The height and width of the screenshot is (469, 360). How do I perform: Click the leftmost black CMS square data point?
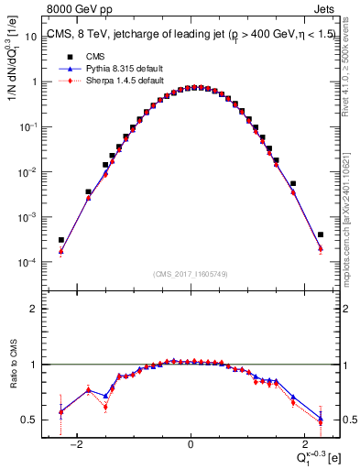(61, 240)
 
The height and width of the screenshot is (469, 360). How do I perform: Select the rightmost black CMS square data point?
(320, 234)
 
